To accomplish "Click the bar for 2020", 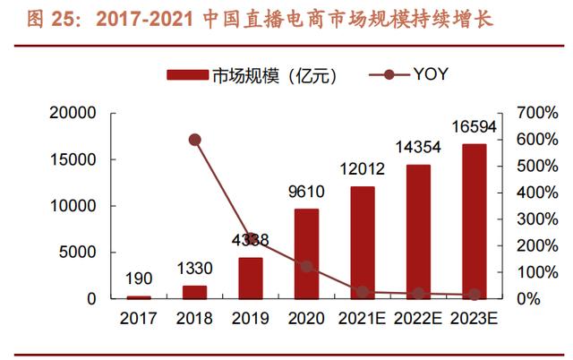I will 306,254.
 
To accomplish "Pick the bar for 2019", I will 251,279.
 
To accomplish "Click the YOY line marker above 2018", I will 195,140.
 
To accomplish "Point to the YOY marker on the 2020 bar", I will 306,267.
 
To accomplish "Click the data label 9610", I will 306,192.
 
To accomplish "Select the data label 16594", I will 474,127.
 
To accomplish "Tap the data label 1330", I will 195,269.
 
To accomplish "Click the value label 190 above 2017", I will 139,279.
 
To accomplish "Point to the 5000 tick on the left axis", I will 81,253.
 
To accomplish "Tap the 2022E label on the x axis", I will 418,318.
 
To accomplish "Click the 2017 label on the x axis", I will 139,318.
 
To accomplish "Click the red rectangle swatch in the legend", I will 187,76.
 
